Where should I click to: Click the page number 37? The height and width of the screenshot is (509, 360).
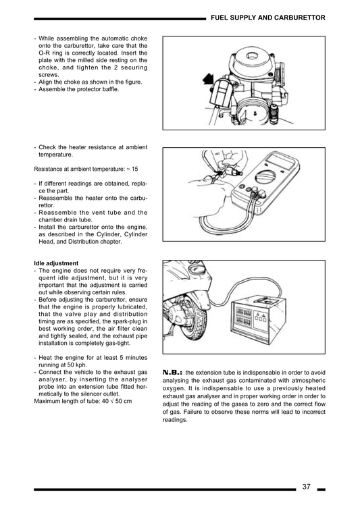[306, 487]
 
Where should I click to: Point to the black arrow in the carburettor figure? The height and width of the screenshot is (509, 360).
[208, 82]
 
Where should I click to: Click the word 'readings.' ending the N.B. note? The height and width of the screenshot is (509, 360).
[175, 420]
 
